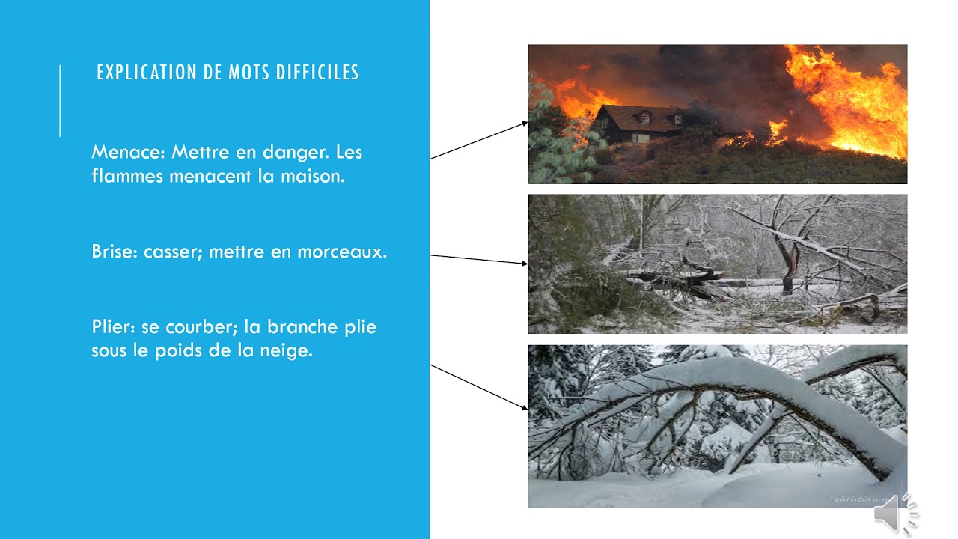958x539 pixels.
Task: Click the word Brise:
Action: (x=115, y=252)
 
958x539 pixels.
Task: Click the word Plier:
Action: (x=113, y=327)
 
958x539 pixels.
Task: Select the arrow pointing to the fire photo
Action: (x=479, y=141)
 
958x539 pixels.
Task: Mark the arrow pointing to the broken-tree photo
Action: (x=479, y=259)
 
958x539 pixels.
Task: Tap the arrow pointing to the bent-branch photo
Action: (x=479, y=386)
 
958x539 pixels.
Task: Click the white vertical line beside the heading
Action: (x=61, y=101)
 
